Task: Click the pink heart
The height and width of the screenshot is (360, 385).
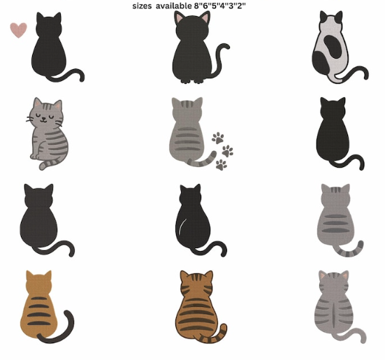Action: pyautogui.click(x=18, y=30)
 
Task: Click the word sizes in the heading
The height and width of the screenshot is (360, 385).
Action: pyautogui.click(x=142, y=6)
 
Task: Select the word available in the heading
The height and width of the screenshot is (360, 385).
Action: pyautogui.click(x=173, y=6)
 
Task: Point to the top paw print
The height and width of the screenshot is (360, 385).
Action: pyautogui.click(x=218, y=138)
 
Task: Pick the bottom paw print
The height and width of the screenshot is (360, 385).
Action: pyautogui.click(x=221, y=164)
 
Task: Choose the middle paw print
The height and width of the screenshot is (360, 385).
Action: pyautogui.click(x=228, y=151)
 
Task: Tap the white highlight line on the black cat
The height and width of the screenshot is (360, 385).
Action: pyautogui.click(x=182, y=226)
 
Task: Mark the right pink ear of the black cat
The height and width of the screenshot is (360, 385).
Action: pyautogui.click(x=205, y=17)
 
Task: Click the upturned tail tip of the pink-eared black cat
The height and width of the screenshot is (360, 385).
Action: pyautogui.click(x=226, y=46)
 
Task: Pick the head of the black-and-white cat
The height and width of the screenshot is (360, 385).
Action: pyautogui.click(x=330, y=22)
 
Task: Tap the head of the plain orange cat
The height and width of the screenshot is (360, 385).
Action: pyautogui.click(x=39, y=282)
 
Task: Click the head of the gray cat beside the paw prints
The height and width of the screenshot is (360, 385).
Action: pyautogui.click(x=187, y=108)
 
